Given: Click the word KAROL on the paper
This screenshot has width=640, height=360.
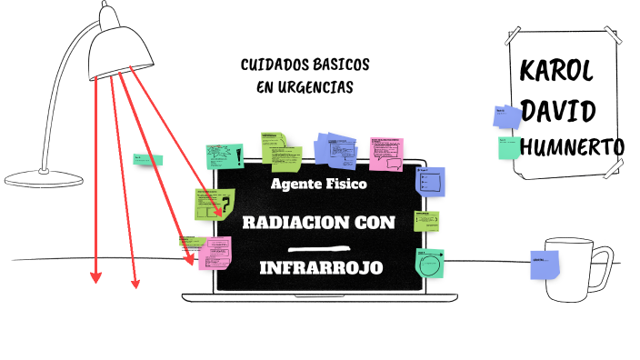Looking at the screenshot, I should point(556,73).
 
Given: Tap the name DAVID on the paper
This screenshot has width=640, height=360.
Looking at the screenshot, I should point(559,112).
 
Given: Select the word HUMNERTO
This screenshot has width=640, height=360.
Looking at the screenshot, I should point(573,146).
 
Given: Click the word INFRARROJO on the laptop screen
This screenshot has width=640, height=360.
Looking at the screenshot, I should point(320,268).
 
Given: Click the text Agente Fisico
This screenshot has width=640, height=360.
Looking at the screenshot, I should point(319,184).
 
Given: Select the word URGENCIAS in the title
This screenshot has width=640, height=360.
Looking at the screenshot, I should point(317,86).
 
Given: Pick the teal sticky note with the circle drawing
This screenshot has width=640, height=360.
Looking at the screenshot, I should point(429,264).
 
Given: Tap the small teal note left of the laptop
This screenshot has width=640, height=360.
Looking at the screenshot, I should point(147,160).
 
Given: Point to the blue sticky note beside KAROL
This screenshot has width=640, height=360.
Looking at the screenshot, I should point(505,115).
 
